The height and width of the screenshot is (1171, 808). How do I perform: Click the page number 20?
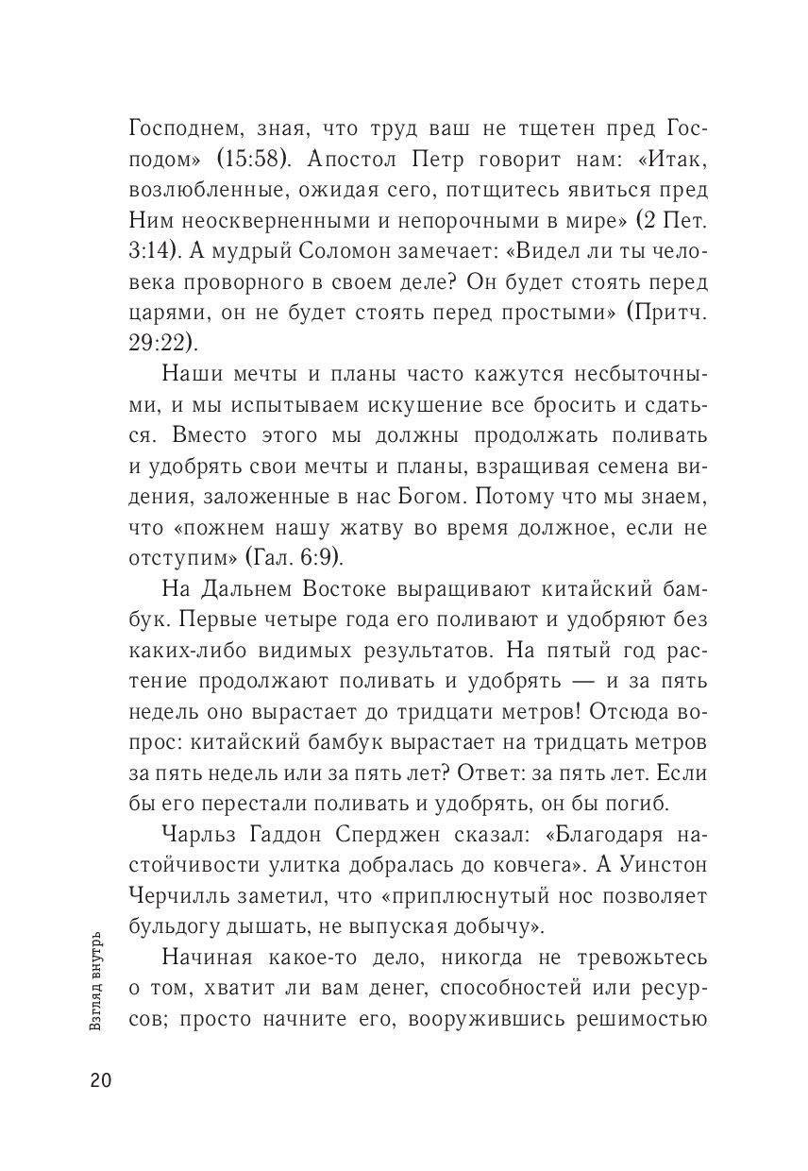[101, 1081]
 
